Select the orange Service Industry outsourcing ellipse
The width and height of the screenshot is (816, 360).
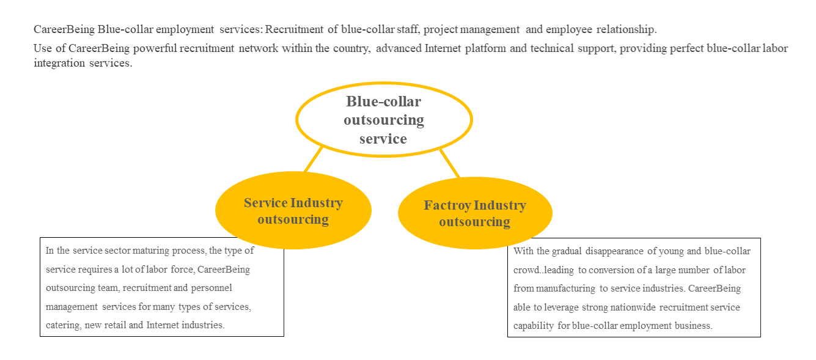pos(293,211)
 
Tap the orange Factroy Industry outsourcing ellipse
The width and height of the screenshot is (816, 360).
pos(475,213)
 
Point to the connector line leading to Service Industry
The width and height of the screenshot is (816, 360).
pos(314,160)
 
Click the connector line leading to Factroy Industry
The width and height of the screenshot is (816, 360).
pos(449,163)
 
